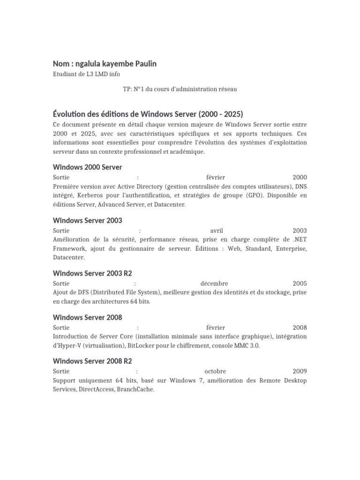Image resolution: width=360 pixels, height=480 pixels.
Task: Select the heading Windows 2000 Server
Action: (88, 167)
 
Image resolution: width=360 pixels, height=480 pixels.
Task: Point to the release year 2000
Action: (300, 177)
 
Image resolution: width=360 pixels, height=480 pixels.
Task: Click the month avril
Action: (217, 231)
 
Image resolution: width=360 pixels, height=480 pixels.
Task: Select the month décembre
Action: (214, 284)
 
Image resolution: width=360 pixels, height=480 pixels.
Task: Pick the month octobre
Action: (216, 371)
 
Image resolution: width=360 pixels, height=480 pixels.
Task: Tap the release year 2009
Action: (300, 371)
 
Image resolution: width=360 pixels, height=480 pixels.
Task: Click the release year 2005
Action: (300, 284)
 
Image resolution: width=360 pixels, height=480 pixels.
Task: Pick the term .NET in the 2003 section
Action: (299, 240)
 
